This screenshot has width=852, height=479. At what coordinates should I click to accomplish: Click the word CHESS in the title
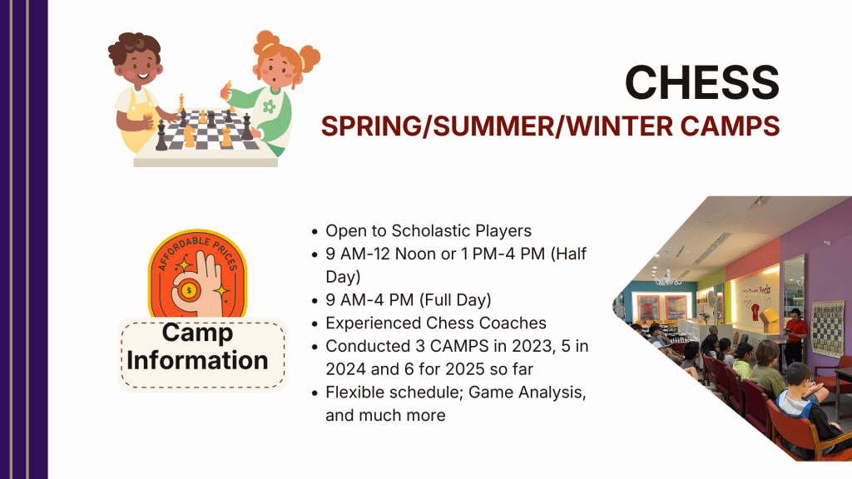click(x=702, y=82)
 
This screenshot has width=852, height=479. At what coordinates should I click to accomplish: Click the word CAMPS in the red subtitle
click(x=731, y=126)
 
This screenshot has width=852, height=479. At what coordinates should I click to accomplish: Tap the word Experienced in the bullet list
click(x=374, y=323)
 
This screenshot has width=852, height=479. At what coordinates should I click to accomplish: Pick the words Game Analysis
click(x=527, y=393)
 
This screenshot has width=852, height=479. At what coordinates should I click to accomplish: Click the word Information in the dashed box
click(x=197, y=361)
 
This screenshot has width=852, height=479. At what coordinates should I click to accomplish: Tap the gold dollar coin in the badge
click(x=189, y=290)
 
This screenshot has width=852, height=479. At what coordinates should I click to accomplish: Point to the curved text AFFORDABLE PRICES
click(x=198, y=249)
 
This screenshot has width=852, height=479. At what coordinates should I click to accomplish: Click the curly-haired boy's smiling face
click(x=138, y=69)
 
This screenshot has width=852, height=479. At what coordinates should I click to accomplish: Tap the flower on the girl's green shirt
click(x=269, y=106)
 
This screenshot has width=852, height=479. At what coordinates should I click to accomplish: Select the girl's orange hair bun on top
click(x=267, y=40)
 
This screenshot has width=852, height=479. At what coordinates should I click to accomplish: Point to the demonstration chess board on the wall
click(x=828, y=329)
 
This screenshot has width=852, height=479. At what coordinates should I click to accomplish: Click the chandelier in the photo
click(x=667, y=278)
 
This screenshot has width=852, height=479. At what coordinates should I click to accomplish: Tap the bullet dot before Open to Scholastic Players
click(x=315, y=231)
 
